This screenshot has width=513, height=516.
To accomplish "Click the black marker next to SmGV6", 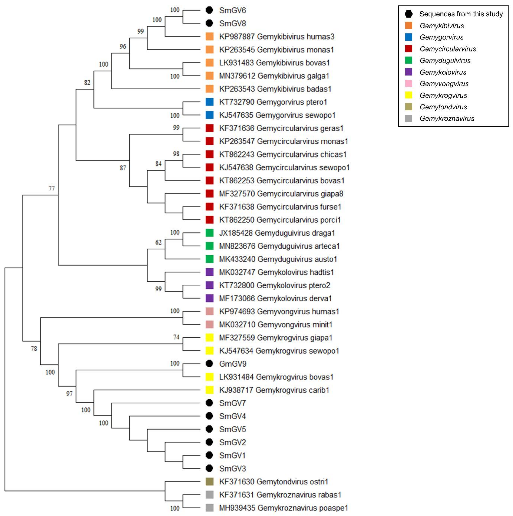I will pyautogui.click(x=209, y=10).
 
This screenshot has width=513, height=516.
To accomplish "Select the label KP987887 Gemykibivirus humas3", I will pyautogui.click(x=276, y=37).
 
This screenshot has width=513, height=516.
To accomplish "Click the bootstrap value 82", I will pyautogui.click(x=87, y=83).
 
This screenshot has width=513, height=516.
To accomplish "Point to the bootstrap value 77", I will pyautogui.click(x=52, y=189).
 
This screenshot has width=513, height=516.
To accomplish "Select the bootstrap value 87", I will pyautogui.click(x=123, y=168).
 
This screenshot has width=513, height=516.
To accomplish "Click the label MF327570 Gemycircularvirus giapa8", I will pyautogui.click(x=281, y=194).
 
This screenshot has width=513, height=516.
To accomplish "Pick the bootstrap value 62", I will pyautogui.click(x=158, y=242).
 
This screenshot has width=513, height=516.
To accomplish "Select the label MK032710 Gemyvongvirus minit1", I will pyautogui.click(x=276, y=324).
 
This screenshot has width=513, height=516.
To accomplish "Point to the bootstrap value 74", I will pyautogui.click(x=176, y=337).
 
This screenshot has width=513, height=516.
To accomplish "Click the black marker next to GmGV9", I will pyautogui.click(x=209, y=364).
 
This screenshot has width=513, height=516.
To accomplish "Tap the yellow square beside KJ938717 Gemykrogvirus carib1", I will pyautogui.click(x=209, y=390).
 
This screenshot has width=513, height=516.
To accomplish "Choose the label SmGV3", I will pyautogui.click(x=232, y=468).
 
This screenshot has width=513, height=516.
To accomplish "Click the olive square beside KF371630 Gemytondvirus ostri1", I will pyautogui.click(x=209, y=481).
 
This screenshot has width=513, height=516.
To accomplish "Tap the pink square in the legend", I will pyautogui.click(x=408, y=84).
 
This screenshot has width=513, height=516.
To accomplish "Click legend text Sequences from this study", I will pyautogui.click(x=461, y=14).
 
